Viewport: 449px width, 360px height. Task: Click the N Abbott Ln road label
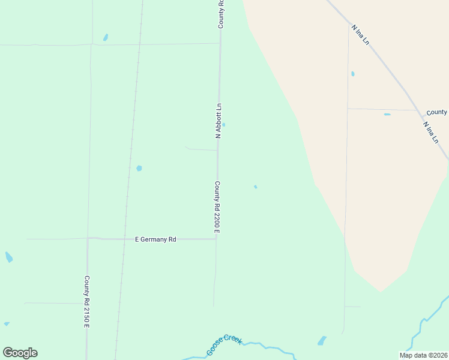219,121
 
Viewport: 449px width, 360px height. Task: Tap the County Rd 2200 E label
217,207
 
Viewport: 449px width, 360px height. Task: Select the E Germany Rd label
155,239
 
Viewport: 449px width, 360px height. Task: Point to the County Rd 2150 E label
87,301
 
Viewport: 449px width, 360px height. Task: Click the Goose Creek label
224,344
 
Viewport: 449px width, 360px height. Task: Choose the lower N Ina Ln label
430,133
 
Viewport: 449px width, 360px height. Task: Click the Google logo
20,353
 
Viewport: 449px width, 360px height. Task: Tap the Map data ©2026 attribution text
423,355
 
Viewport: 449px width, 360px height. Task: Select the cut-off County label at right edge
436,112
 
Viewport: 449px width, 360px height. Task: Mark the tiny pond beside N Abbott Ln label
223,125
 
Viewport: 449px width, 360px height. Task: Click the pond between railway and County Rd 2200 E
139,169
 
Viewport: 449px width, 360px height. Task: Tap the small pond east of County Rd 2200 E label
256,187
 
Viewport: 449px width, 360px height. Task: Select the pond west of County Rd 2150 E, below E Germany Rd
8,257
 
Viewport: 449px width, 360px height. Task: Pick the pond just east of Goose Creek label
322,341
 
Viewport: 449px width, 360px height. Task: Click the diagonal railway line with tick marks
128,180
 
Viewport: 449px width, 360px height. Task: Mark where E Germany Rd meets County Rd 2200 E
216,239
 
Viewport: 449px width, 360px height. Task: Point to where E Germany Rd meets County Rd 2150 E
88,238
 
